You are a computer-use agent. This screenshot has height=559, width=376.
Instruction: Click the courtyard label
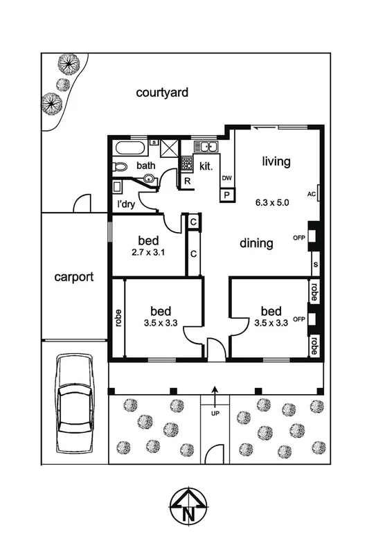162,92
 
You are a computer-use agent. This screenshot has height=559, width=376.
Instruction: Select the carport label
74,277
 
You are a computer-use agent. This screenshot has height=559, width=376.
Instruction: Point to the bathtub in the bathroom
129,148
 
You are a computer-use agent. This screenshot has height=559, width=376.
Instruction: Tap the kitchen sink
206,147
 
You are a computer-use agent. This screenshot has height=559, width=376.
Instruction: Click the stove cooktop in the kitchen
186,164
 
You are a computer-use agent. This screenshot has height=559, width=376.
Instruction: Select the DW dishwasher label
226,179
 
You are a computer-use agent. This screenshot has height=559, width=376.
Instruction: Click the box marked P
226,195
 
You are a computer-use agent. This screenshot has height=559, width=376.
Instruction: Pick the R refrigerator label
187,181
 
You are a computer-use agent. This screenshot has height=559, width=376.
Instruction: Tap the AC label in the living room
312,194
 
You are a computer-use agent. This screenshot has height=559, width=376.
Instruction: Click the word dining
256,243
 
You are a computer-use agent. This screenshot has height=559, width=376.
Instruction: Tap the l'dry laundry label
126,204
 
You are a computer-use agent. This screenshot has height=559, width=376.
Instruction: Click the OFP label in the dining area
299,238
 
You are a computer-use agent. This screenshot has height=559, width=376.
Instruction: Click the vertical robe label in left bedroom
119,317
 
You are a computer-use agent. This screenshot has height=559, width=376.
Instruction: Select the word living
275,161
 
